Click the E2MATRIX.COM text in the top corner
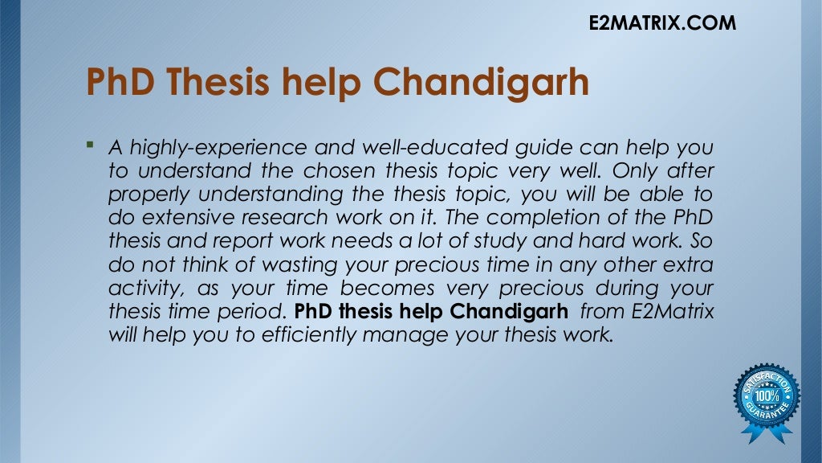pyautogui.click(x=662, y=23)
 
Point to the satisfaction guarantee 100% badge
pyautogui.click(x=766, y=400)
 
